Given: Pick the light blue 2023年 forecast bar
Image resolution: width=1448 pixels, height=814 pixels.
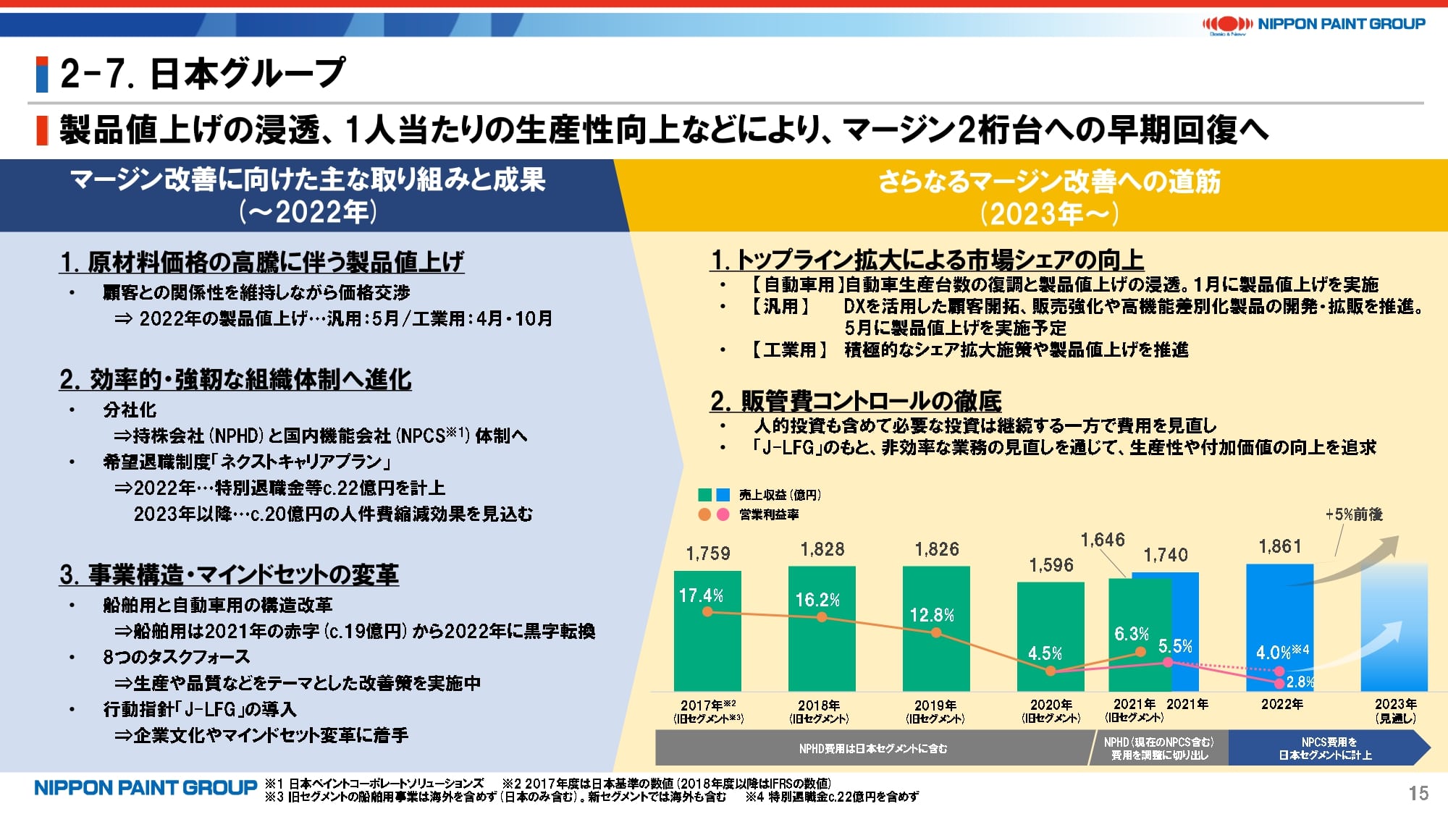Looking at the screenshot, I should pos(1394,637).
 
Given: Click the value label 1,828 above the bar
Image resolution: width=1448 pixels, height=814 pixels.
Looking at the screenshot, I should pos(822,550).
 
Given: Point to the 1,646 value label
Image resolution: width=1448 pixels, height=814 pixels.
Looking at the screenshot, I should pos(1103,540).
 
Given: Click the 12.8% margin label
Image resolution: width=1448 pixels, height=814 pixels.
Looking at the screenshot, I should pos(932,616).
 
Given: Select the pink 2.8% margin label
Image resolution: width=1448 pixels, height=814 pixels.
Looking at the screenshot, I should pos(1300,682).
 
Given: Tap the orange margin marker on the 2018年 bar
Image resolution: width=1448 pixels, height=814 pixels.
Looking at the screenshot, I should pos(822,617).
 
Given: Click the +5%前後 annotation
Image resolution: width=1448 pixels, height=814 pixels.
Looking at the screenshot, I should pos(1353,514).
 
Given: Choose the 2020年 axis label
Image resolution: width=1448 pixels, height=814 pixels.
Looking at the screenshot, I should pos(1051,705).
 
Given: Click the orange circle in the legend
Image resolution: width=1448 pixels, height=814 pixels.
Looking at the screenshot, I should pos(704,514).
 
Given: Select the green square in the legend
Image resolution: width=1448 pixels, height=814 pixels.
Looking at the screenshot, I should pos(704,495).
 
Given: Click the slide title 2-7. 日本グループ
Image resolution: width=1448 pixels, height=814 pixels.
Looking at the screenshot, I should pos(203,74).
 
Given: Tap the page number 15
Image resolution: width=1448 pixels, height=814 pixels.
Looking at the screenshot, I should pos(1418,793).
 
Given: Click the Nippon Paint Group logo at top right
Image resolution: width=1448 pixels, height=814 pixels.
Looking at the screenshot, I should pos(1313,25).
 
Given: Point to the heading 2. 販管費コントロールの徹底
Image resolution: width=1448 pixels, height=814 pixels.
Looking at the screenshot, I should pos(856,401).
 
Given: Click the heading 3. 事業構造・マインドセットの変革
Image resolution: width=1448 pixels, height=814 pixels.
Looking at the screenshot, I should pos(229,575).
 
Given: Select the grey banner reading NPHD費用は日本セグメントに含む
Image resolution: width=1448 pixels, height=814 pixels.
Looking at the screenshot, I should pos(872,748).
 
